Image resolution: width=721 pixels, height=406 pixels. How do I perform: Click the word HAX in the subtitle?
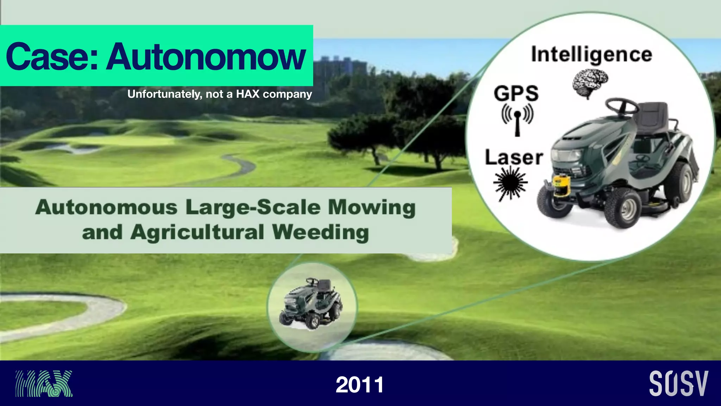pyautogui.click(x=247, y=94)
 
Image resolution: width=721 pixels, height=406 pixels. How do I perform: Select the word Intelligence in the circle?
pyautogui.click(x=591, y=55)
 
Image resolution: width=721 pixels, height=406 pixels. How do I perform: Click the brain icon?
pyautogui.click(x=590, y=83)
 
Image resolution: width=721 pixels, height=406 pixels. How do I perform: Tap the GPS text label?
pyautogui.click(x=516, y=93)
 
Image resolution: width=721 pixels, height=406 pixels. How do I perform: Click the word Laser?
pyautogui.click(x=514, y=158)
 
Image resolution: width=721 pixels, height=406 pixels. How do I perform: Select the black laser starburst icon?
pyautogui.click(x=510, y=184)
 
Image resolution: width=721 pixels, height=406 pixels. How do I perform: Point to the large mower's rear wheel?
pyautogui.click(x=679, y=182)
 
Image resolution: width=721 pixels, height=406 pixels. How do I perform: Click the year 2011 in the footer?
pyautogui.click(x=359, y=385)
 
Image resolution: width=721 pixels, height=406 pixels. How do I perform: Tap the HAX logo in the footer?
pyautogui.click(x=44, y=383)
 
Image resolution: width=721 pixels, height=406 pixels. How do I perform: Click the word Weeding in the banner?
pyautogui.click(x=320, y=233)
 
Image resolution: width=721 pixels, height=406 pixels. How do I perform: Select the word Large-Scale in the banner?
pyautogui.click(x=253, y=207)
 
